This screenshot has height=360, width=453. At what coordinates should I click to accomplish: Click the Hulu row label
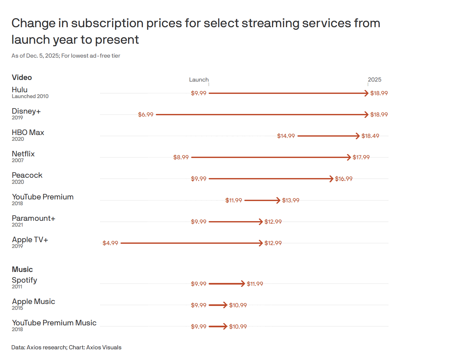[19, 90]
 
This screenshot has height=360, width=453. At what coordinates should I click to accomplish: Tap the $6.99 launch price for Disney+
[145, 115]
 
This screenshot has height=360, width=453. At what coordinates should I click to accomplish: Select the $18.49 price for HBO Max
[370, 136]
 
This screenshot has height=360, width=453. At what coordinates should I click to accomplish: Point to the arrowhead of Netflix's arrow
[349, 157]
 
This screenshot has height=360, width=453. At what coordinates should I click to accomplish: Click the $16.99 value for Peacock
[343, 179]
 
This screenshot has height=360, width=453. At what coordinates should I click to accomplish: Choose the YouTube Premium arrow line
[261, 200]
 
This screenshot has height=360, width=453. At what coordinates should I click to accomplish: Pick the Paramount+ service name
[33, 218]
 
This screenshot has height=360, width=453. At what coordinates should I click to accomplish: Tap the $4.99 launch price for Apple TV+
[110, 243]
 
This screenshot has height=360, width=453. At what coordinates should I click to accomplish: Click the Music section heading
[22, 269]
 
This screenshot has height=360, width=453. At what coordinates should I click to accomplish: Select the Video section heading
[22, 77]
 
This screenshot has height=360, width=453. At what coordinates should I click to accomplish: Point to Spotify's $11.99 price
[255, 284]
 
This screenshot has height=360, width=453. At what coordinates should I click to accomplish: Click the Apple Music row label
[33, 301]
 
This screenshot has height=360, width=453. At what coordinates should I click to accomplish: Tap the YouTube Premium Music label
[54, 323]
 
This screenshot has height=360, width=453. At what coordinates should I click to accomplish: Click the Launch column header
[199, 80]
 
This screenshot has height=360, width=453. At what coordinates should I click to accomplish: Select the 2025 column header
[374, 80]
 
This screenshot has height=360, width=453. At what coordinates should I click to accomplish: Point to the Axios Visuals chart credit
[104, 347]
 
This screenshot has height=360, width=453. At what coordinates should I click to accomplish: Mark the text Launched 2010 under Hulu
[30, 96]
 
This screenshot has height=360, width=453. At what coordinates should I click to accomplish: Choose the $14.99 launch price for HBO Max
[286, 136]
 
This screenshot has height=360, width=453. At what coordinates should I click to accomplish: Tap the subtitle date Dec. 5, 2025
[43, 56]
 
